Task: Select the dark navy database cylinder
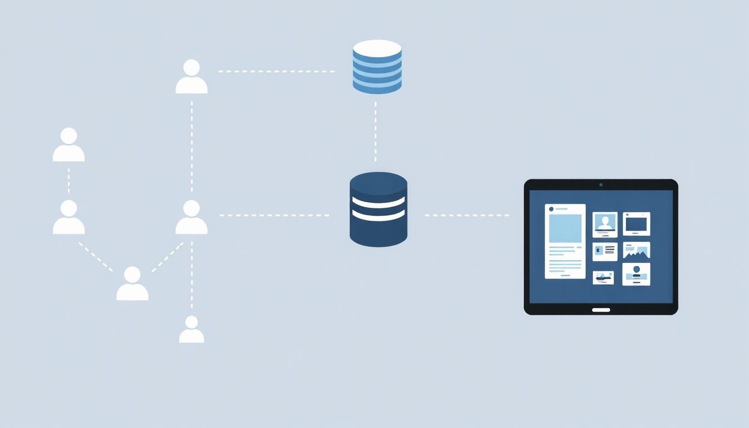378,210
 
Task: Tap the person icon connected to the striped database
192,77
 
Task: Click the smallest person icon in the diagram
191,330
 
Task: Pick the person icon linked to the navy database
192,217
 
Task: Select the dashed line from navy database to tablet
466,215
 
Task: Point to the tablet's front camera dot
601,184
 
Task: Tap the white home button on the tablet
601,310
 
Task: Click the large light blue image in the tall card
565,228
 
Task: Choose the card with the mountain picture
636,251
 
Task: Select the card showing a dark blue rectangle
636,224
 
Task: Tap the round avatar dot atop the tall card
551,209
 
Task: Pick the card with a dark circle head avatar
636,274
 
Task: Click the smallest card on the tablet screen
603,278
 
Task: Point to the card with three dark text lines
605,251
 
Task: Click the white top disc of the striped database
377,48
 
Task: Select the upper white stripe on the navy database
378,201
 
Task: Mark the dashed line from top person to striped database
276,71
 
